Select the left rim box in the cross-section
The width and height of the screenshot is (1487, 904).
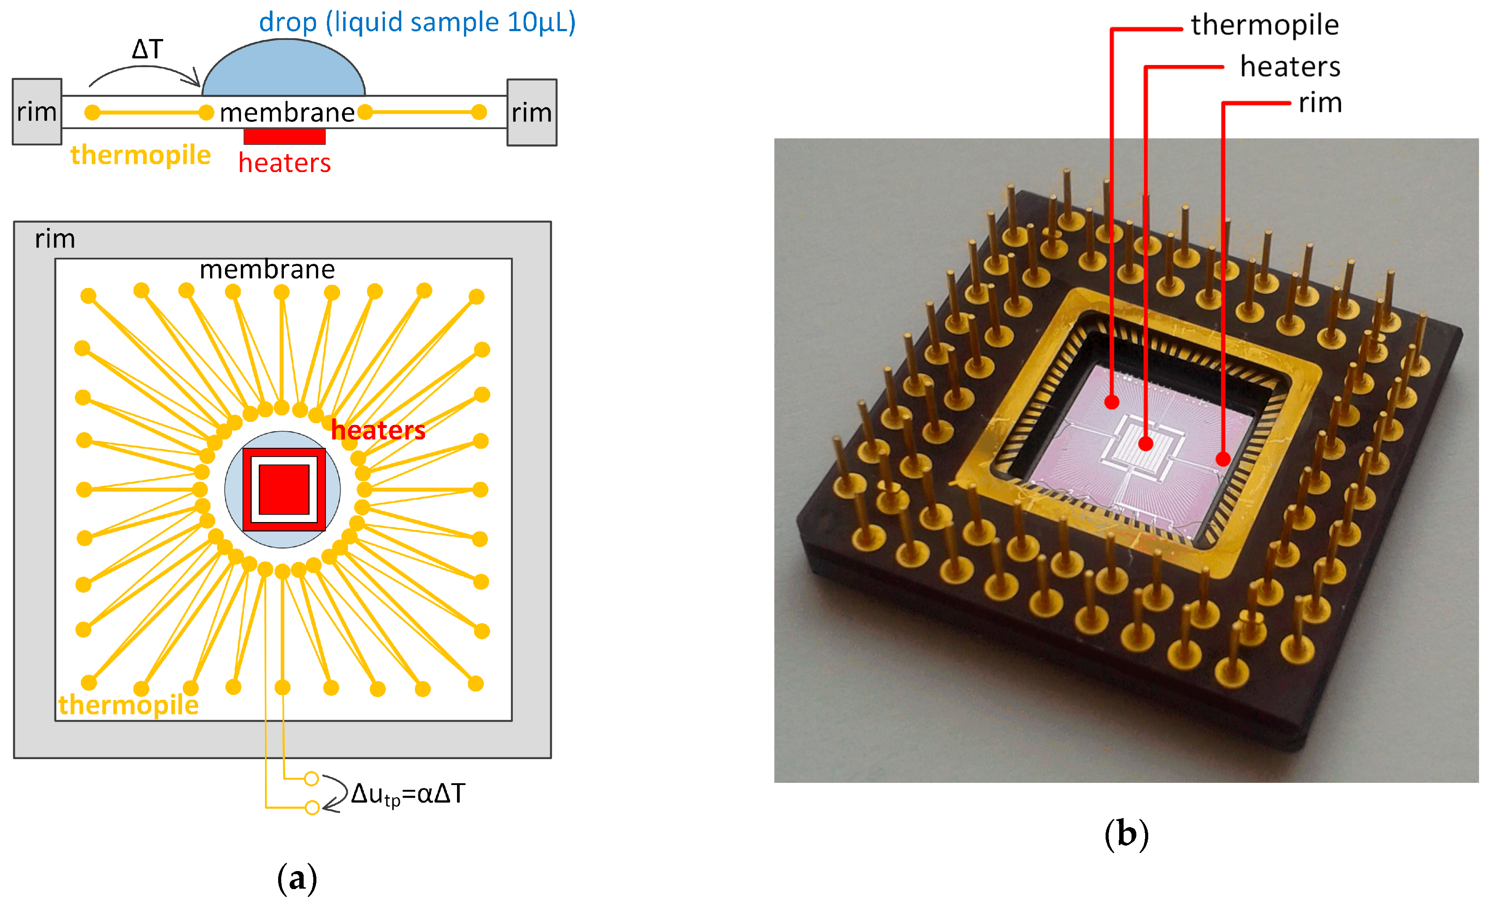click(x=37, y=112)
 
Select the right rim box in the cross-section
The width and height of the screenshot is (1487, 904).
click(x=532, y=112)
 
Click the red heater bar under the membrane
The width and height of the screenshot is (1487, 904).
click(x=284, y=136)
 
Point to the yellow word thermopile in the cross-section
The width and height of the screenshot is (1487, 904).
click(x=141, y=155)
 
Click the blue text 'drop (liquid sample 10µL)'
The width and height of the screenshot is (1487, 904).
click(x=417, y=22)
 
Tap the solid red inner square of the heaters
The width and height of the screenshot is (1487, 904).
click(x=283, y=489)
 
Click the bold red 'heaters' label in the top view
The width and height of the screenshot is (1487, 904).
click(x=378, y=430)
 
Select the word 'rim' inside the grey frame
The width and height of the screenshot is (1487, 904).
click(x=55, y=239)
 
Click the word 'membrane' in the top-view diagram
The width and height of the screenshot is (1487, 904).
click(x=267, y=270)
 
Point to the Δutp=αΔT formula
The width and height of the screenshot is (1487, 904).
click(x=408, y=794)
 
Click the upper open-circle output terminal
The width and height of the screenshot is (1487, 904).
click(x=312, y=778)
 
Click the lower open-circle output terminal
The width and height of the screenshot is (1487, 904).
click(x=312, y=807)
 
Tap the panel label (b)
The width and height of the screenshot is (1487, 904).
click(x=1126, y=834)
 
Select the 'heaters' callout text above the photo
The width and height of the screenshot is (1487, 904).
click(x=1290, y=67)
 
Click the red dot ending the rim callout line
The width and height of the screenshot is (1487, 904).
click(x=1222, y=459)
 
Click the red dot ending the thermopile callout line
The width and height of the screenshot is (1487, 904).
click(x=1112, y=402)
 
